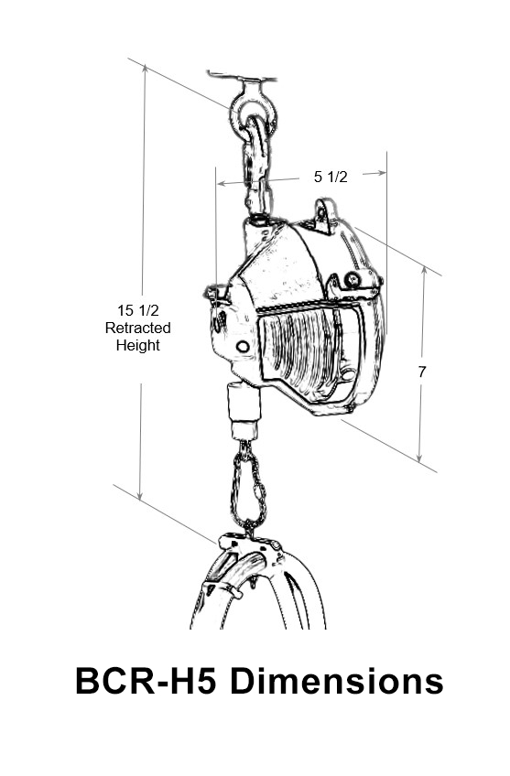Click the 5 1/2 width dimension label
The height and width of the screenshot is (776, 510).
tap(331, 177)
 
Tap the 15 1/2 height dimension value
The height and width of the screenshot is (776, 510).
tap(137, 310)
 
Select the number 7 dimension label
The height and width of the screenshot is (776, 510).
tap(422, 372)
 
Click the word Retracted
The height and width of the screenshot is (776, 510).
tap(137, 328)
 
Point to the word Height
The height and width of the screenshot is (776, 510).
tap(137, 345)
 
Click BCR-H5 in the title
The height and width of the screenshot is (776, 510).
tap(146, 681)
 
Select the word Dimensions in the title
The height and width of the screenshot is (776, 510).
tap(337, 681)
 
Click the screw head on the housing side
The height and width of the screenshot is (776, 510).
tap(353, 280)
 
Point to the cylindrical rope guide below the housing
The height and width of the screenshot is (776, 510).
tap(244, 410)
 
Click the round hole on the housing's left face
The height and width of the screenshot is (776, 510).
tap(243, 347)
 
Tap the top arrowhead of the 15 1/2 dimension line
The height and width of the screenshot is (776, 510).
tap(145, 70)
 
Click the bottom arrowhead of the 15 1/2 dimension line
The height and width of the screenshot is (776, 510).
tap(140, 494)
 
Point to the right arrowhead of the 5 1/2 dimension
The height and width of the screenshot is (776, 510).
tap(381, 173)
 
